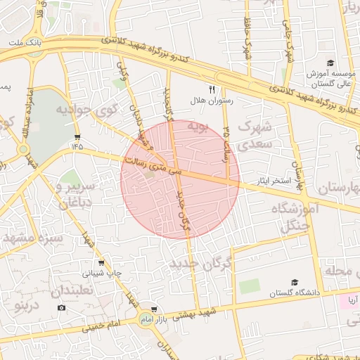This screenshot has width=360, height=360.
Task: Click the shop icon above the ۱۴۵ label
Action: coord(77,136)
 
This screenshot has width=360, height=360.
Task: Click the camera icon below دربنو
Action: coord(61,308)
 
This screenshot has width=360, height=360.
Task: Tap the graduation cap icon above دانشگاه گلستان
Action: coord(295,281)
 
